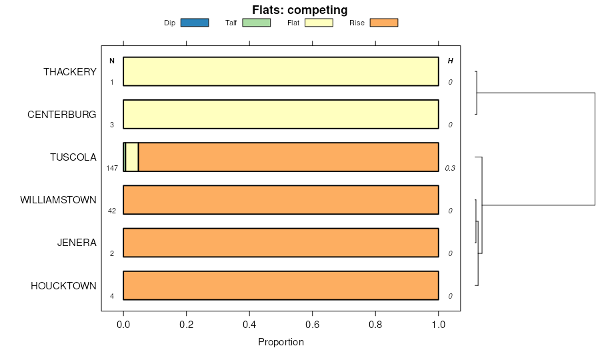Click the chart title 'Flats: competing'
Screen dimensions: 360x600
click(x=299, y=10)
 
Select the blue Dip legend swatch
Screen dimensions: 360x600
click(x=195, y=23)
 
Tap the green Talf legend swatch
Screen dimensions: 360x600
click(x=256, y=23)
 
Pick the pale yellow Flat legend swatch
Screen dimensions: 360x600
click(x=319, y=23)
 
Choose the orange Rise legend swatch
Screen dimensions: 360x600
click(x=383, y=23)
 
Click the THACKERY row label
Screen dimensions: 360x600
click(x=70, y=71)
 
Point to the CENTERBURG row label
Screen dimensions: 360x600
click(x=62, y=115)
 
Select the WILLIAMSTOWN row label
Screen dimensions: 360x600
click(x=59, y=200)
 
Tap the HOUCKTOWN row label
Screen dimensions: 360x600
click(x=63, y=286)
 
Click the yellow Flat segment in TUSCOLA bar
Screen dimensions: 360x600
click(x=132, y=157)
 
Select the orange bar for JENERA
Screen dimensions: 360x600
click(x=281, y=243)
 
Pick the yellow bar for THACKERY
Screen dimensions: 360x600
click(x=281, y=71)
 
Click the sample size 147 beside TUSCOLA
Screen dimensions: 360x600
click(x=112, y=168)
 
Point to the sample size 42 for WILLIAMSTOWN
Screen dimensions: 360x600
click(x=112, y=211)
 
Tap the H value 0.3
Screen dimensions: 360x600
click(x=450, y=168)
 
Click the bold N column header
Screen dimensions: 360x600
click(x=112, y=61)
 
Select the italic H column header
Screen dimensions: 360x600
click(x=450, y=61)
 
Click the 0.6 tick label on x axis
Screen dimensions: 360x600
click(x=312, y=325)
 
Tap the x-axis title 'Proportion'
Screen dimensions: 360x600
click(x=281, y=342)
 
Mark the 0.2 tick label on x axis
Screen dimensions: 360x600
click(x=186, y=325)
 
